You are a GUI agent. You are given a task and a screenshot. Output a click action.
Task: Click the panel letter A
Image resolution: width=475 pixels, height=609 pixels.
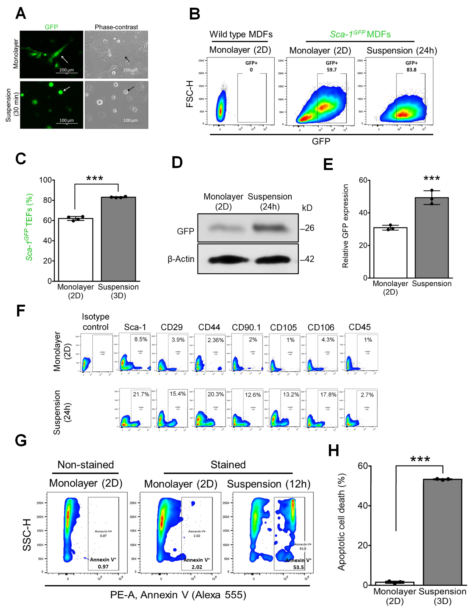(x=21, y=13)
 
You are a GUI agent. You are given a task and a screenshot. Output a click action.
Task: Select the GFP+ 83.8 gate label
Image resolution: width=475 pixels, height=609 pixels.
(x=411, y=66)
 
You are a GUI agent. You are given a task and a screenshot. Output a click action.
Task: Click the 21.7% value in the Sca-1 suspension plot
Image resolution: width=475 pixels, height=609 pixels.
(x=141, y=394)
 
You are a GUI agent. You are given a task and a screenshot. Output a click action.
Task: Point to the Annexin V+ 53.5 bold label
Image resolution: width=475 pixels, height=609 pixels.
(x=298, y=564)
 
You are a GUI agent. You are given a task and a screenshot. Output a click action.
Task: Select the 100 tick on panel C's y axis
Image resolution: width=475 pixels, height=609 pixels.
(x=46, y=180)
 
